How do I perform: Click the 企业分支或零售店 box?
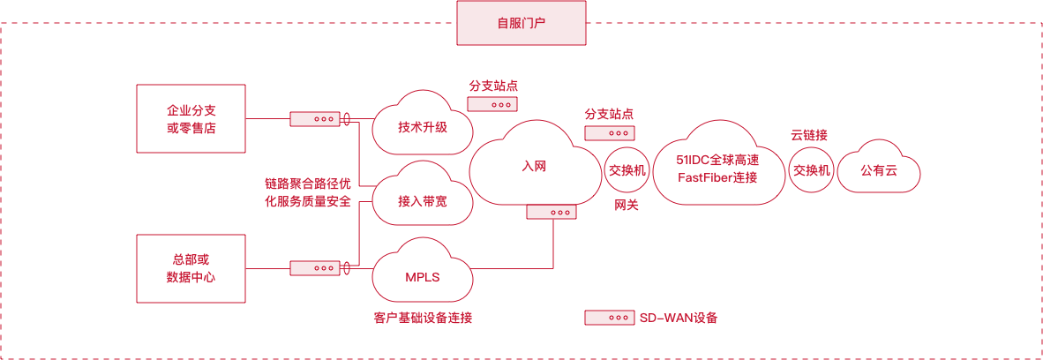click(x=191, y=118)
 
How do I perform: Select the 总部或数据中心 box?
click(x=191, y=267)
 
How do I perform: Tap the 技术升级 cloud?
click(x=422, y=126)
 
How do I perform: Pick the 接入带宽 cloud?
click(x=422, y=201)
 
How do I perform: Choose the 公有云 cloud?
click(x=878, y=171)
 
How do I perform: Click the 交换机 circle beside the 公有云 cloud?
click(x=811, y=170)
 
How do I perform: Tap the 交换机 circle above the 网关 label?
click(x=627, y=170)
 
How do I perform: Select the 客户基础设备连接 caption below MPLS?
click(x=423, y=318)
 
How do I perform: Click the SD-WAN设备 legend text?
click(x=678, y=318)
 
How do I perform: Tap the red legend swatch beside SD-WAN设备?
click(x=609, y=318)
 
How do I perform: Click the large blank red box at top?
click(x=521, y=22)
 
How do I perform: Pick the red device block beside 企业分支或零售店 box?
click(x=314, y=118)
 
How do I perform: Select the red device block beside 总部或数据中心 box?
click(x=314, y=267)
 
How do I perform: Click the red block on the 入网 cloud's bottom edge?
click(x=551, y=212)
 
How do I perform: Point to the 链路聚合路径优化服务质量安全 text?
click(x=308, y=193)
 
